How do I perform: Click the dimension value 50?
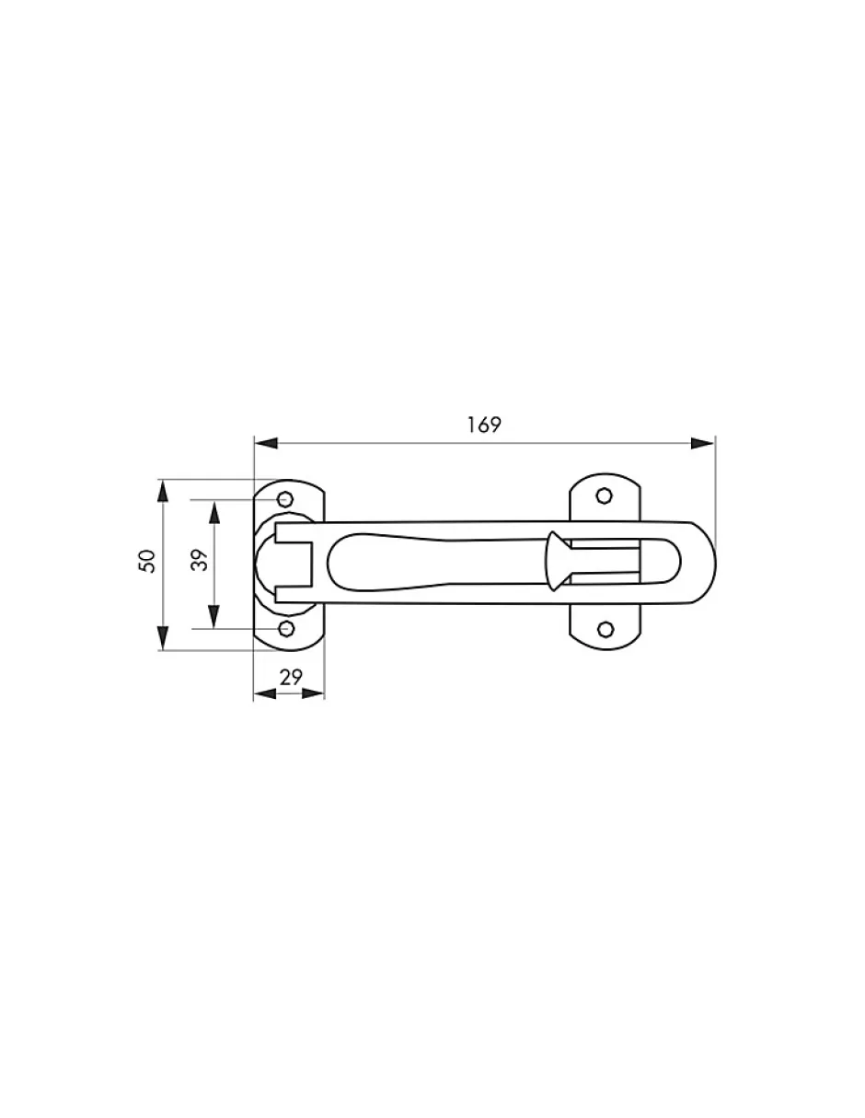tap(146, 561)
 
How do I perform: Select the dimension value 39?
tap(200, 561)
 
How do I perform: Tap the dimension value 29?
tap(291, 678)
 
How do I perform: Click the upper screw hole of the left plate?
tap(285, 499)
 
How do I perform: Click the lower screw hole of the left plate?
tap(286, 628)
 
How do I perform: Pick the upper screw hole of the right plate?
tap(605, 496)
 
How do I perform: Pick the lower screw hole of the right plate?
tap(606, 629)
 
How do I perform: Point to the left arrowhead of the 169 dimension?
tap(266, 443)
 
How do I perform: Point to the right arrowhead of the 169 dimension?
tap(703, 443)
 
